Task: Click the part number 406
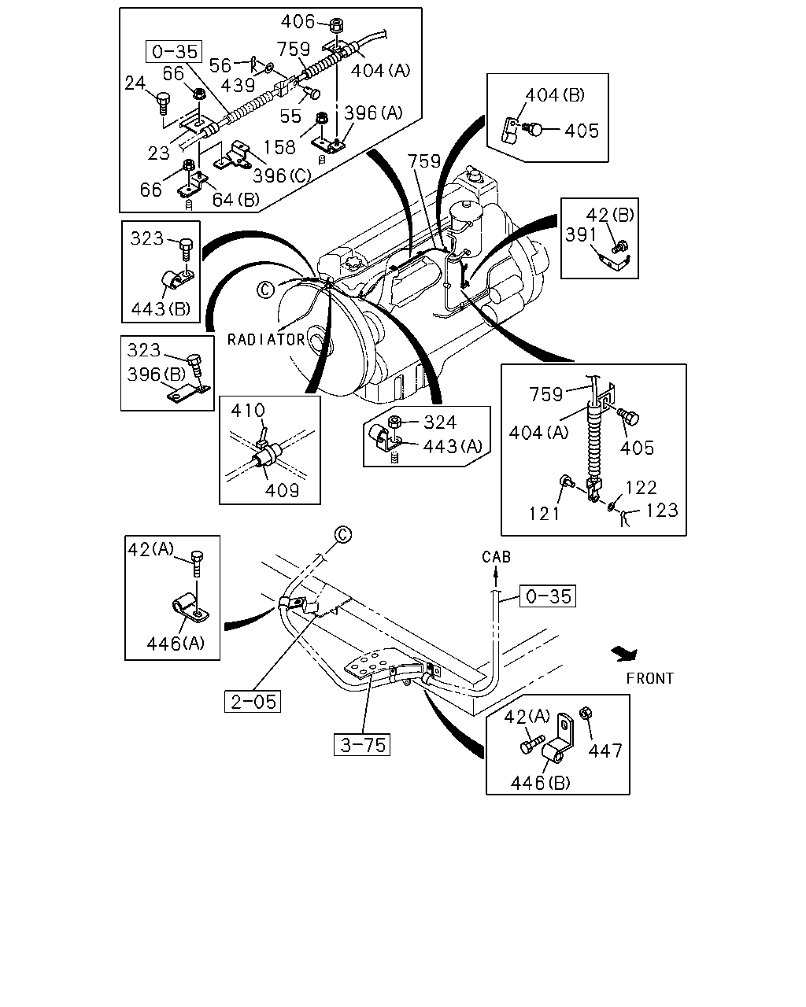tap(298, 21)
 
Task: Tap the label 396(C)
tap(282, 176)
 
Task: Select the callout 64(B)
tap(235, 200)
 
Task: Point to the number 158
tap(279, 147)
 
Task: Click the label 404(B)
tap(555, 95)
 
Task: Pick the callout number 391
tap(581, 235)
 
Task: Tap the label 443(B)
tap(161, 309)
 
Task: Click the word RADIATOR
tap(266, 340)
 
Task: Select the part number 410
tap(248, 411)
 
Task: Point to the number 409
tap(282, 490)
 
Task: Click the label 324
tap(439, 422)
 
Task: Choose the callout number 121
tap(544, 514)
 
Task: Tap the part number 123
tap(662, 511)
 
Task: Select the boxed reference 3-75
tap(361, 744)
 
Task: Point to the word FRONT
tap(650, 678)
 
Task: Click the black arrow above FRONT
tap(625, 654)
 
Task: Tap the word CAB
tap(496, 557)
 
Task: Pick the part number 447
tap(605, 751)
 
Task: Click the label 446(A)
tap(176, 644)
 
